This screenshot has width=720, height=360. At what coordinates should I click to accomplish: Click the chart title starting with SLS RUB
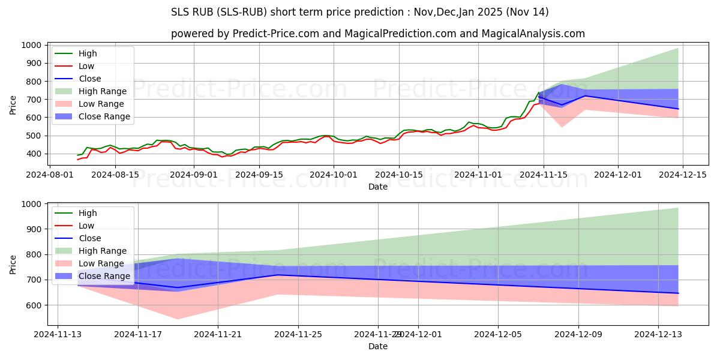pyautogui.click(x=359, y=12)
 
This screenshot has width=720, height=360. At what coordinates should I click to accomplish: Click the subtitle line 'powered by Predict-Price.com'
pyautogui.click(x=377, y=34)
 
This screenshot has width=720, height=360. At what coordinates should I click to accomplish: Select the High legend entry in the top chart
pyautogui.click(x=88, y=53)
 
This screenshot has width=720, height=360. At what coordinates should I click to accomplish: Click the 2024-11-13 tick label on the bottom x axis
pyautogui.click(x=58, y=334)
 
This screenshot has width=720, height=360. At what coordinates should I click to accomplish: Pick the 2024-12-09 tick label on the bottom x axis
pyautogui.click(x=578, y=334)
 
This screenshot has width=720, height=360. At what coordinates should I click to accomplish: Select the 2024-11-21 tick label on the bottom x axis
pyautogui.click(x=218, y=334)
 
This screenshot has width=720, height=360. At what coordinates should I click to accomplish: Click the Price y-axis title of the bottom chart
pyautogui.click(x=13, y=264)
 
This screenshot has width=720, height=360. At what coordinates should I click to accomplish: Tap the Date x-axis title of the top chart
pyautogui.click(x=378, y=187)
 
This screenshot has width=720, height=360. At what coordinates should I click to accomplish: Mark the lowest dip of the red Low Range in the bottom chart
pyautogui.click(x=178, y=319)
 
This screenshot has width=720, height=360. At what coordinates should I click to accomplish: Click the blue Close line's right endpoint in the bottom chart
pyautogui.click(x=678, y=293)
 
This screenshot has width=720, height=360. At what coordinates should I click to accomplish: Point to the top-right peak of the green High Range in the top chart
pyautogui.click(x=678, y=49)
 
